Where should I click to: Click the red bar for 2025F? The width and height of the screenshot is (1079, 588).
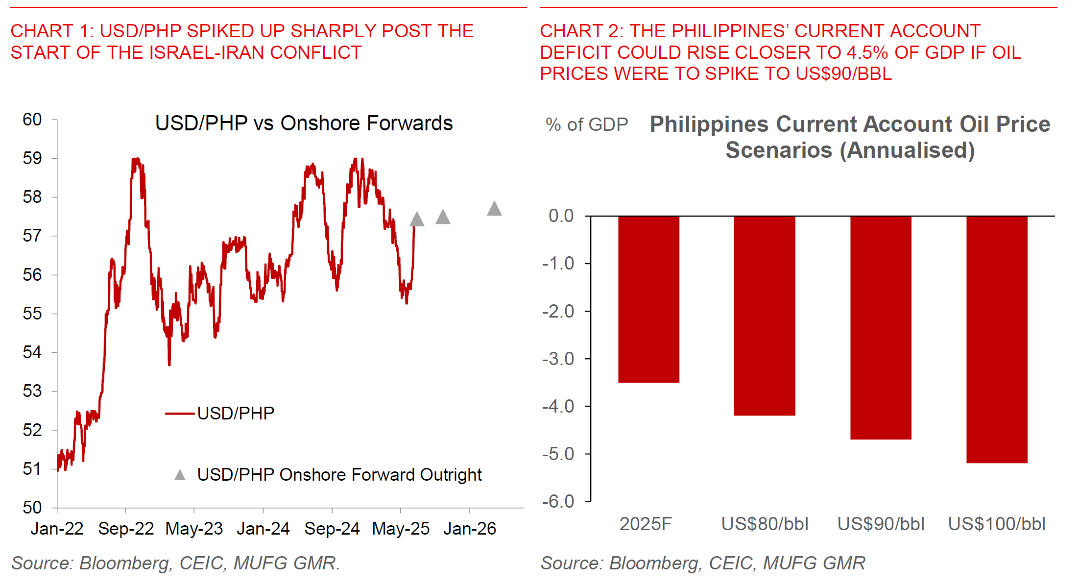pos(648,299)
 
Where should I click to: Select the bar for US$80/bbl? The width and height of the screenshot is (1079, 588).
pos(765,316)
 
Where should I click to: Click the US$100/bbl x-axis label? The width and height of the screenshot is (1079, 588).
pos(997,524)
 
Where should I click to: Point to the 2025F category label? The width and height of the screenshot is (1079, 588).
pos(646,524)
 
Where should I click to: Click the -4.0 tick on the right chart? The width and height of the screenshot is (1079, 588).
pos(558,406)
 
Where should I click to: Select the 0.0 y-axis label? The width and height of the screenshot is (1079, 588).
pos(561,216)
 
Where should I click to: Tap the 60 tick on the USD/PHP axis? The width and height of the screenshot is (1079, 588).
pos(32,120)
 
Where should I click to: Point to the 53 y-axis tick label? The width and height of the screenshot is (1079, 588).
pos(32,391)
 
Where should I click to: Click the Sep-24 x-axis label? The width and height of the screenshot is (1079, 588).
pos(332,529)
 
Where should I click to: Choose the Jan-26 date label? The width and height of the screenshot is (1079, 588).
pos(470,529)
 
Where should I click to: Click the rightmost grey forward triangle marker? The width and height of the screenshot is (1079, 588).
pos(494,209)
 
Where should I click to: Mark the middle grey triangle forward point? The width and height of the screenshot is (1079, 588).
pos(443,217)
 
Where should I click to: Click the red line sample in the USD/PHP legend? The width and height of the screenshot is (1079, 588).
pos(180,414)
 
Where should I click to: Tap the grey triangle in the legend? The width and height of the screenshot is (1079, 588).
pos(180,475)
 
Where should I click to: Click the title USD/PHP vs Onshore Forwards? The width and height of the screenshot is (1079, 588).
pos(304,123)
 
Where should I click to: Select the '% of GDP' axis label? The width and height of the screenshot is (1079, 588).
pos(587,124)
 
